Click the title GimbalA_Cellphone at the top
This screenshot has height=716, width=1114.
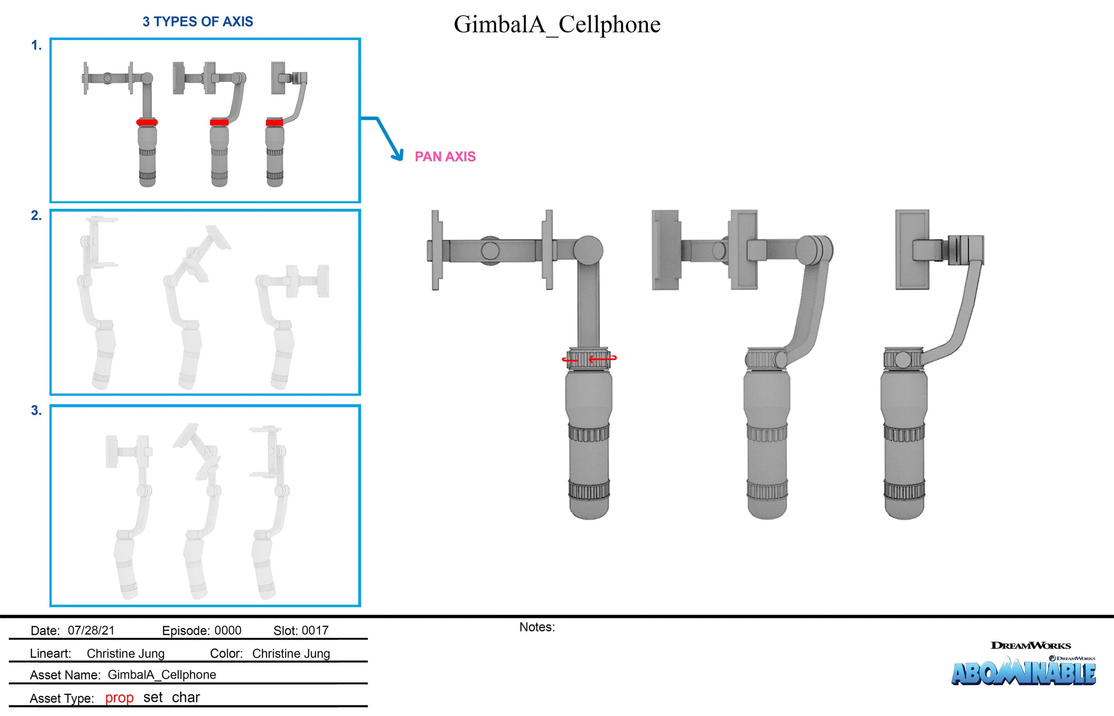(x=557, y=24)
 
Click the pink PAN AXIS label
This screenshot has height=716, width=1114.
(x=445, y=157)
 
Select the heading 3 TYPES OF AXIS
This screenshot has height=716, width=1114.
(x=197, y=21)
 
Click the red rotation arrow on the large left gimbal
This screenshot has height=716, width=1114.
(x=602, y=359)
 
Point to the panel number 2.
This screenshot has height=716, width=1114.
(x=36, y=216)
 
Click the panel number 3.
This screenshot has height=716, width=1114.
(x=36, y=410)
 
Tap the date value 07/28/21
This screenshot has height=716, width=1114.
(x=91, y=630)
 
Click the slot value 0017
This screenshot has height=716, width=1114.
(x=315, y=630)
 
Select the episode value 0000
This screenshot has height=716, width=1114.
(x=227, y=630)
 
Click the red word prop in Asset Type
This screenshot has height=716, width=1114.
(x=119, y=698)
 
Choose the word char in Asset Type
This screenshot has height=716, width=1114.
(x=185, y=697)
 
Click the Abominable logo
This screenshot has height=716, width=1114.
(x=1023, y=673)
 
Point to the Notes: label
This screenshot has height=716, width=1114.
(x=537, y=627)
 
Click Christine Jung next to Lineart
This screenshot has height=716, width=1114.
(x=126, y=654)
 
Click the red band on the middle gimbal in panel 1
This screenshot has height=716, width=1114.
(x=219, y=122)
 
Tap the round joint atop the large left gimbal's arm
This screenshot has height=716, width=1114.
(x=588, y=250)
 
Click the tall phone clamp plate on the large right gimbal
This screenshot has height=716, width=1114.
(x=912, y=249)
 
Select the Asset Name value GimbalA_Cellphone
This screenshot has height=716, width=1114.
(x=162, y=675)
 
